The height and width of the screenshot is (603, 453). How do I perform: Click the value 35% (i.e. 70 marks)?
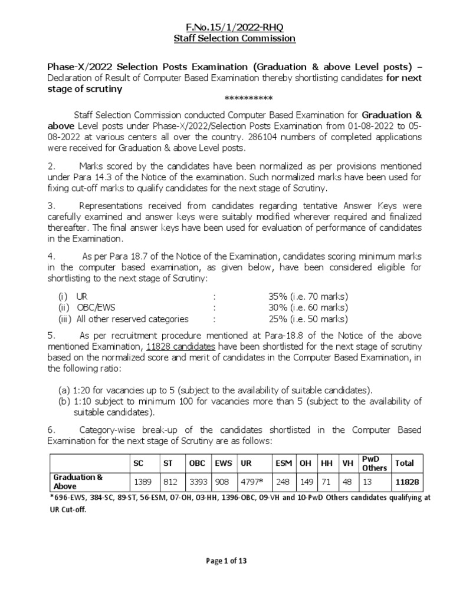(x=308, y=296)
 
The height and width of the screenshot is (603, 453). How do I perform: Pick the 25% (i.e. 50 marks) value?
(x=308, y=319)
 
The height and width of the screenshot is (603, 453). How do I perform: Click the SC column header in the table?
(x=139, y=463)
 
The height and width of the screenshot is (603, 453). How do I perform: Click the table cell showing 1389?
(x=143, y=482)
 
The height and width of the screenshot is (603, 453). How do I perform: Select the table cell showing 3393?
(x=198, y=482)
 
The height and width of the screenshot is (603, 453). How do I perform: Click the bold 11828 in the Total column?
(x=407, y=482)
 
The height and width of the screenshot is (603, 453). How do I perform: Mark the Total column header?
(x=405, y=463)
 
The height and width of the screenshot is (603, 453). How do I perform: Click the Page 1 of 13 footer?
(x=226, y=561)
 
